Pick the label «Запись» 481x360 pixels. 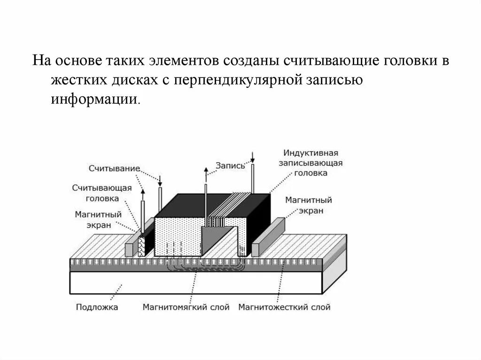[230, 165]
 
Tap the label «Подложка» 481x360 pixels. [97, 308]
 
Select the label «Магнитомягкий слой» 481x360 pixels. [186, 308]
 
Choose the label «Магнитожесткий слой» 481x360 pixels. [284, 308]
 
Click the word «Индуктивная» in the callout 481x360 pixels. [310, 153]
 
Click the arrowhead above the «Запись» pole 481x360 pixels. [206, 170]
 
